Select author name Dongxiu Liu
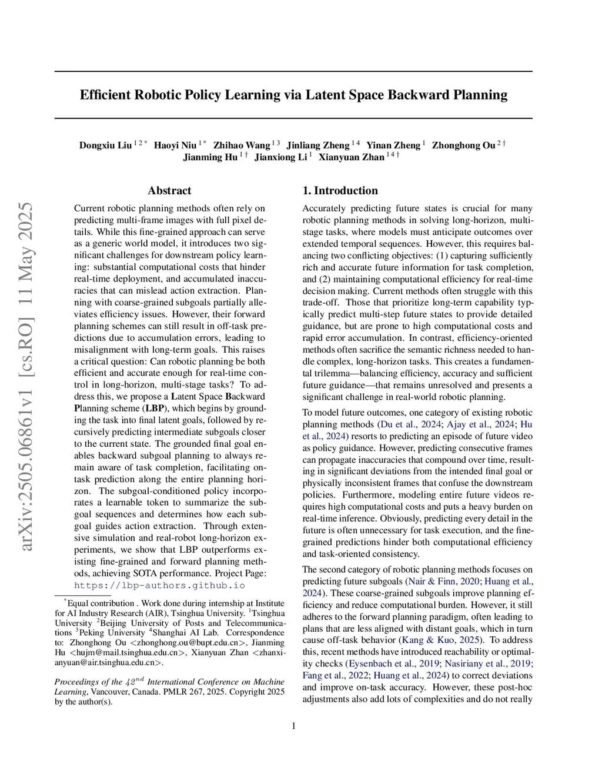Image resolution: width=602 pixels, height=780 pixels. click(x=105, y=145)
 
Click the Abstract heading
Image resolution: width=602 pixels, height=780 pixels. click(x=169, y=190)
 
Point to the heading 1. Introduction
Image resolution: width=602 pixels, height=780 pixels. click(x=340, y=190)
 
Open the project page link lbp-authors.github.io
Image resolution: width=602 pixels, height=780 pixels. click(x=159, y=585)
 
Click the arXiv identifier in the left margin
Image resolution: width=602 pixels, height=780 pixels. click(x=27, y=377)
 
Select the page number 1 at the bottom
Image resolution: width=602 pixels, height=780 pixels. click(x=293, y=726)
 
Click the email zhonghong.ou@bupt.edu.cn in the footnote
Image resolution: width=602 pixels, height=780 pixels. click(x=185, y=642)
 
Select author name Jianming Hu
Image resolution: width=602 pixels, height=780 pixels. click(x=210, y=157)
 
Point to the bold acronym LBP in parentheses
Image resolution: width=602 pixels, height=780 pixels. click(x=155, y=408)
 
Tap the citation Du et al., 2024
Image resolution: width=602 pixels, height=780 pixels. click(x=409, y=424)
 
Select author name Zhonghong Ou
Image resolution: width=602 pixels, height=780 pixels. click(x=464, y=145)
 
